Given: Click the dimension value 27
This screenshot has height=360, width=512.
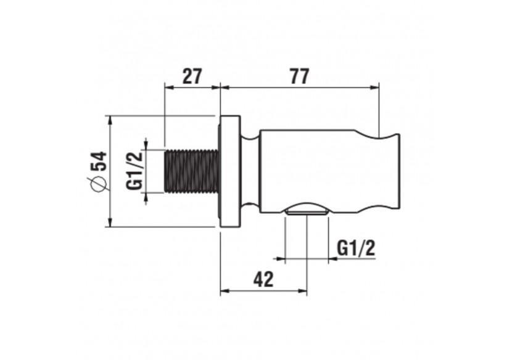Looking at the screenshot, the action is [x=192, y=76].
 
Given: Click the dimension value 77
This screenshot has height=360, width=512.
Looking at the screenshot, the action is [x=299, y=76].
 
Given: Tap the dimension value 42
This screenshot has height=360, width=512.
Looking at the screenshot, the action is [x=263, y=279].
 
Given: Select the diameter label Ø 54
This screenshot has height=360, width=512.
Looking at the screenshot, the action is [x=98, y=171].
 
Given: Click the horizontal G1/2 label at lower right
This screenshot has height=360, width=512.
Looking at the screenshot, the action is [x=356, y=248].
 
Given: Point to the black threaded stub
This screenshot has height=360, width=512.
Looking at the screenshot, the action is [x=191, y=171].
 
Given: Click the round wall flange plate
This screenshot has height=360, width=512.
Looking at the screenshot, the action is [x=230, y=171].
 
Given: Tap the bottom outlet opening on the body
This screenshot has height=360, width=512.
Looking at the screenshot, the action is [x=307, y=211].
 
